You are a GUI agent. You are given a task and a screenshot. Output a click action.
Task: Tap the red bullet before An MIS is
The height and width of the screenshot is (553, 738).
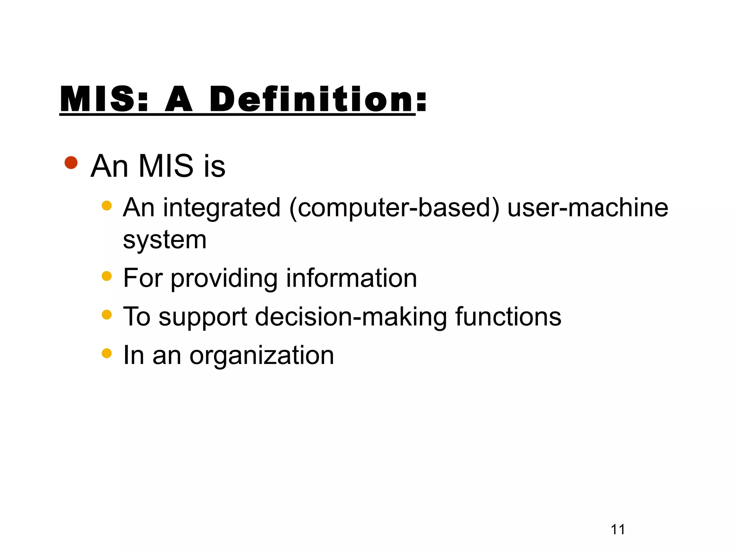point(71,163)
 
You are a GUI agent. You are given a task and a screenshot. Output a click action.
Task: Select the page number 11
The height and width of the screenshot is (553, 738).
point(618,529)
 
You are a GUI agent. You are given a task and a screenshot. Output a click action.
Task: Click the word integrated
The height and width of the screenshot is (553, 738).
point(222,208)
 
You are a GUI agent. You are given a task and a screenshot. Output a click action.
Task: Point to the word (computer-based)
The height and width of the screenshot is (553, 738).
point(394,208)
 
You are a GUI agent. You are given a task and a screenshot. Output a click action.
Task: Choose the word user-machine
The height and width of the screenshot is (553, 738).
point(587,208)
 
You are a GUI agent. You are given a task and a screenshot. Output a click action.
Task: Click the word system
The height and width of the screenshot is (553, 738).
point(165,240)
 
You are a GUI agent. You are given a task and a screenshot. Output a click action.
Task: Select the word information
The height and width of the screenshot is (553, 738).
point(351,278)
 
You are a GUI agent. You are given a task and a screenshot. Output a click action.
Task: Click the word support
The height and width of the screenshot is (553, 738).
point(203,317)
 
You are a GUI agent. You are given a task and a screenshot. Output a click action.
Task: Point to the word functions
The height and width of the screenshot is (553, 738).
point(508,316)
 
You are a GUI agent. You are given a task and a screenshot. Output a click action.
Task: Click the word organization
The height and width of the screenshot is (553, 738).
point(262,356)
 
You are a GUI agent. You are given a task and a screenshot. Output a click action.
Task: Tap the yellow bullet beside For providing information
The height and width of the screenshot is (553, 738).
point(107,276)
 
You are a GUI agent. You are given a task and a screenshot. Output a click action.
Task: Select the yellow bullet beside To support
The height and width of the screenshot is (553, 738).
point(107,315)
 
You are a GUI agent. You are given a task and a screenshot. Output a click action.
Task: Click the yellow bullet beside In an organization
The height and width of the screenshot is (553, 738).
point(107,353)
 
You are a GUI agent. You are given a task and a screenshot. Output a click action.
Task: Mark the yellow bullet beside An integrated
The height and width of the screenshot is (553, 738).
point(107,206)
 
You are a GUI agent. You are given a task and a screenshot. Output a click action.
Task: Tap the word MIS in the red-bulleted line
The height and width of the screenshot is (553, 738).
point(166,166)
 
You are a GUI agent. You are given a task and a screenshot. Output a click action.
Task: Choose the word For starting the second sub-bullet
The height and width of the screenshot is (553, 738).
point(143,278)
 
